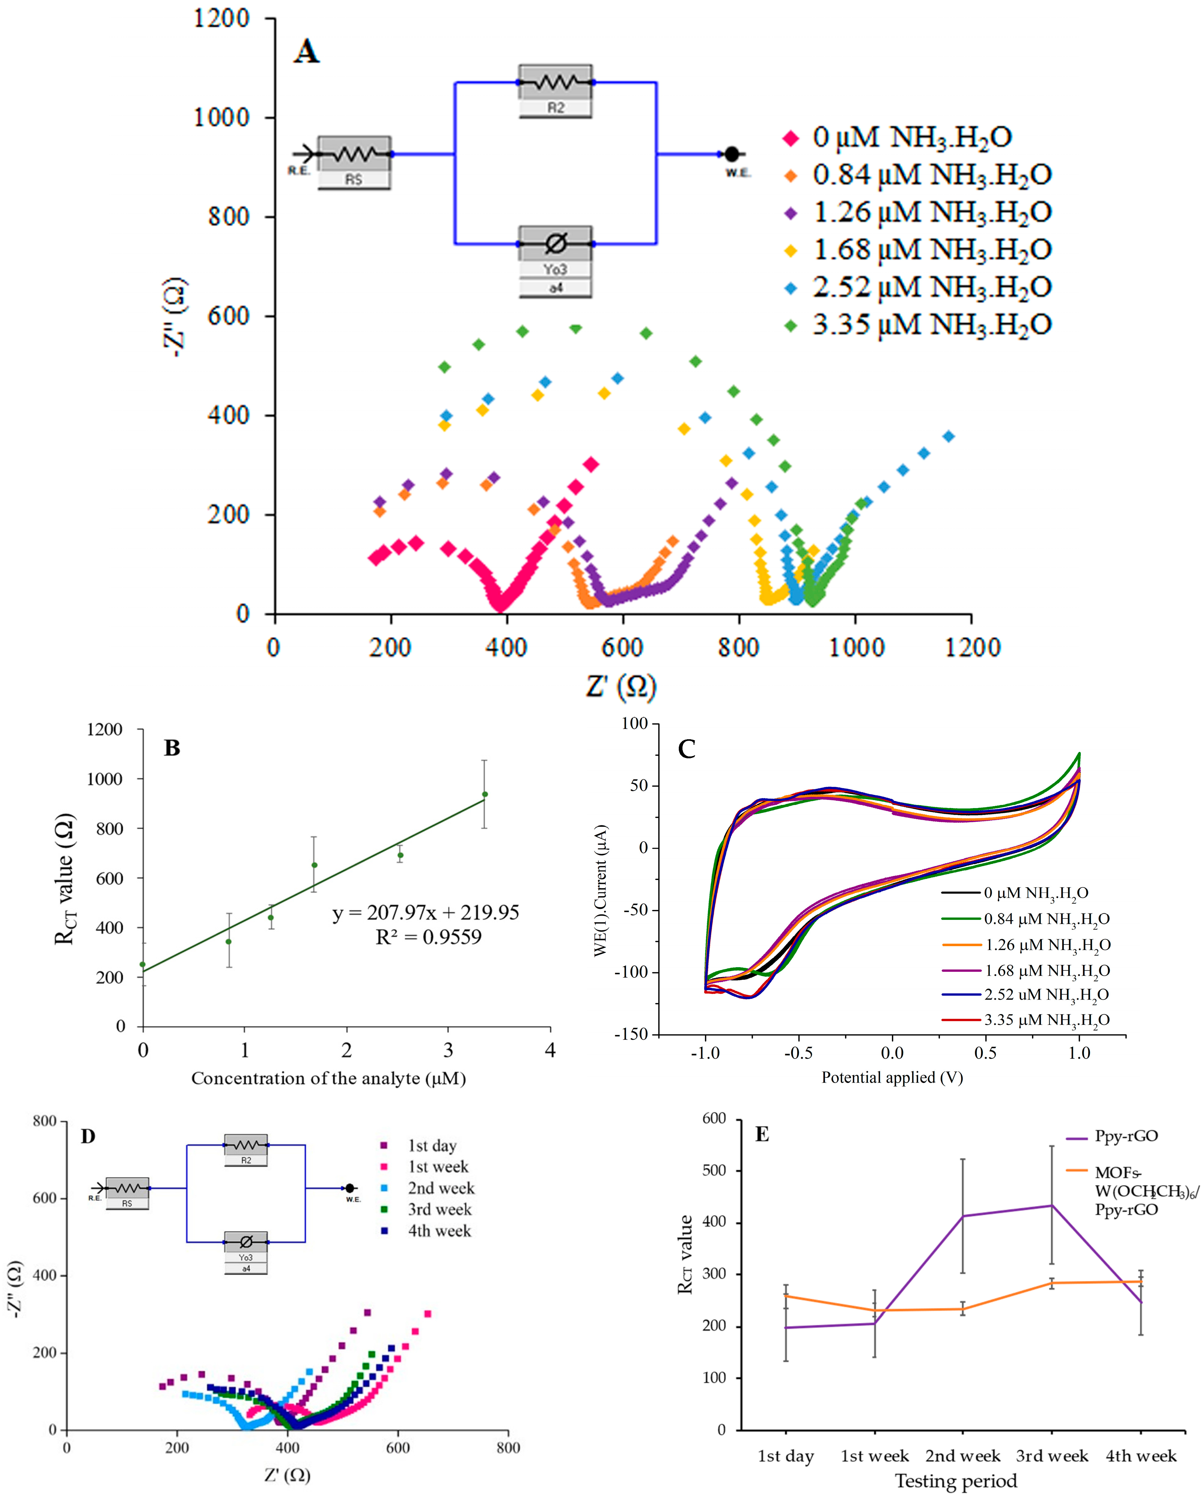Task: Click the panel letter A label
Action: pyautogui.click(x=306, y=51)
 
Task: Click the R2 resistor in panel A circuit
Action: pyautogui.click(x=555, y=83)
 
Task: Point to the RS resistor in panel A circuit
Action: pyautogui.click(x=354, y=154)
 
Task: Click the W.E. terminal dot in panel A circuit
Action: pyautogui.click(x=731, y=154)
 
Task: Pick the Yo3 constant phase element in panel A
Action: pyautogui.click(x=555, y=244)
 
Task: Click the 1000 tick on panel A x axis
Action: pyautogui.click(x=856, y=647)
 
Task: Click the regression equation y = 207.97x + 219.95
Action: pyautogui.click(x=425, y=912)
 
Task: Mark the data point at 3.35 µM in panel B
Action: pyautogui.click(x=485, y=795)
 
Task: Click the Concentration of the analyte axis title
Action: pyautogui.click(x=328, y=1078)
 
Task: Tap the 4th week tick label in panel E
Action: pyautogui.click(x=1141, y=1456)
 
